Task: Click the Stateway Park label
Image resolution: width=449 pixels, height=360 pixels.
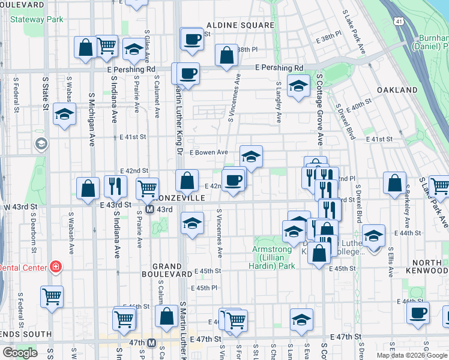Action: pyautogui.click(x=37, y=19)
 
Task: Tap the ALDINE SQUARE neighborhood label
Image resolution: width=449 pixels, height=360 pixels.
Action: pyautogui.click(x=240, y=26)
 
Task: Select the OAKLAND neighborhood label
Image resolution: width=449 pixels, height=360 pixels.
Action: pyautogui.click(x=397, y=90)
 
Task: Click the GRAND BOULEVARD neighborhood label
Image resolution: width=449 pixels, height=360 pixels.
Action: pyautogui.click(x=167, y=270)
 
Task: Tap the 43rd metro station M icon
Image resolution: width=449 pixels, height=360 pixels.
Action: pyautogui.click(x=151, y=209)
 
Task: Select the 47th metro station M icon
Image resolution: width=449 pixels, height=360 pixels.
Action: pyautogui.click(x=152, y=343)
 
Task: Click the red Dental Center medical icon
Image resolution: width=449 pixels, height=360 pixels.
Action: pyautogui.click(x=56, y=266)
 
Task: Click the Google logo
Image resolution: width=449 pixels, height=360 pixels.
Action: pyautogui.click(x=19, y=353)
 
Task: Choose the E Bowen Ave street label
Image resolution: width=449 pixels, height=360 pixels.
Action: pyautogui.click(x=208, y=152)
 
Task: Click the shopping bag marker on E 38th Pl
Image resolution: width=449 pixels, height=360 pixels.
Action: pyautogui.click(x=227, y=56)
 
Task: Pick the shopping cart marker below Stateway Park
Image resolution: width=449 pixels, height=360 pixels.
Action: pyautogui.click(x=106, y=45)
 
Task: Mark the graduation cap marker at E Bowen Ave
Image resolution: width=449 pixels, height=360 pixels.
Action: pyautogui.click(x=251, y=157)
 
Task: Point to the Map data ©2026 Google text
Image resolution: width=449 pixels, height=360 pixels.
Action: pyautogui.click(x=412, y=355)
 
